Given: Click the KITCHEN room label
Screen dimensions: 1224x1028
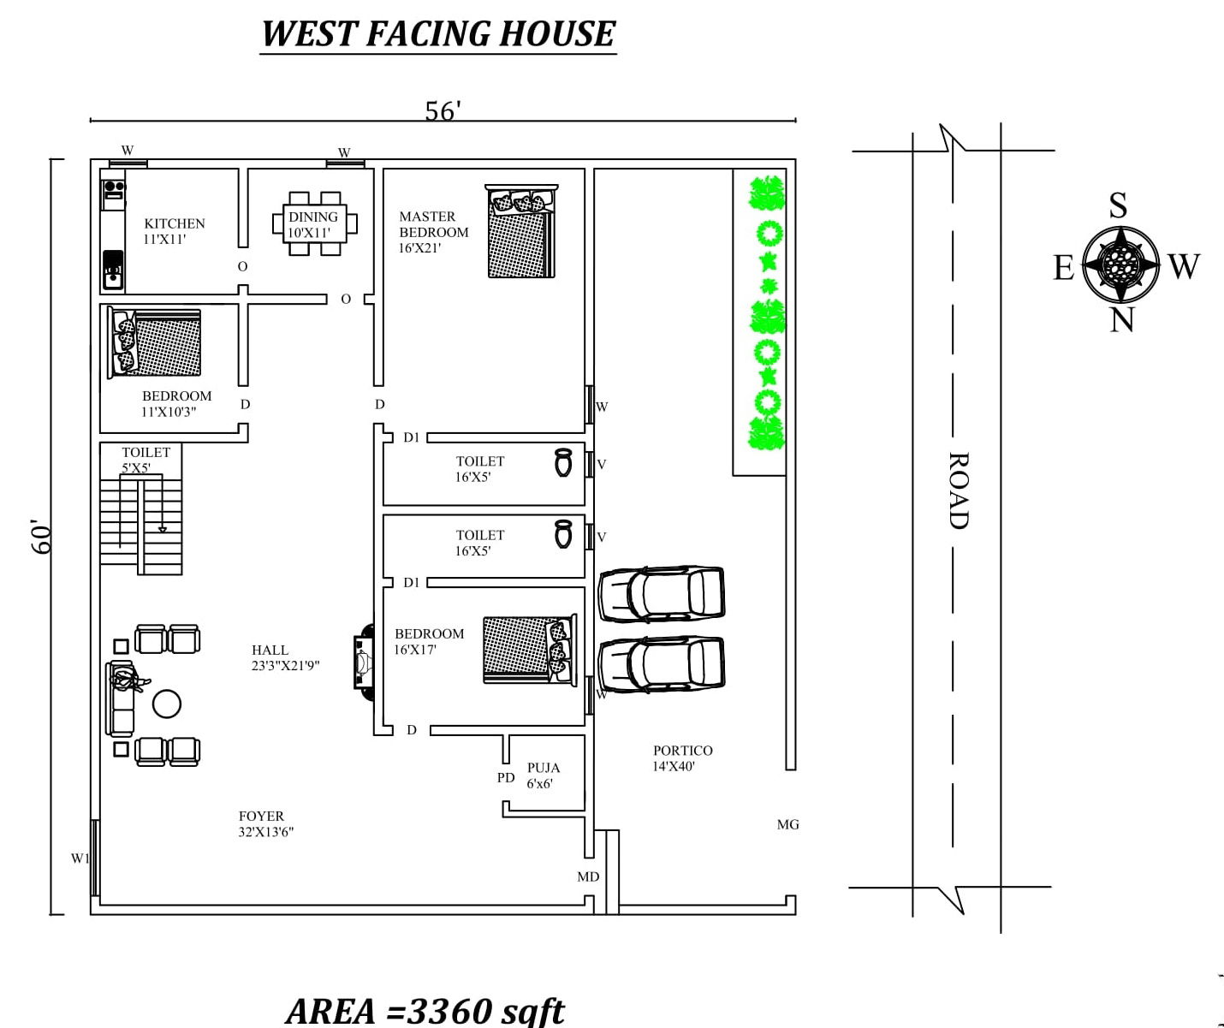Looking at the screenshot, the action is pyautogui.click(x=175, y=231).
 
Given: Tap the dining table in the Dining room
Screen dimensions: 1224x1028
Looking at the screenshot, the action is pyautogui.click(x=315, y=223).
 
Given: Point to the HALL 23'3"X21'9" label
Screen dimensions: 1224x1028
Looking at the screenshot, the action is pyautogui.click(x=285, y=657).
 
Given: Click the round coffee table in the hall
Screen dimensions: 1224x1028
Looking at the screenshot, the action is pyautogui.click(x=167, y=704).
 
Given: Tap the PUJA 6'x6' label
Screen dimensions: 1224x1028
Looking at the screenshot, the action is pyautogui.click(x=544, y=775).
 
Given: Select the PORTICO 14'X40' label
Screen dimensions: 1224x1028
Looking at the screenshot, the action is pyautogui.click(x=682, y=758).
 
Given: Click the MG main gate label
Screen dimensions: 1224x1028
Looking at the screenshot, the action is pyautogui.click(x=787, y=824).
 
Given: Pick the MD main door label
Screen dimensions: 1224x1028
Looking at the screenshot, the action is pyautogui.click(x=588, y=876).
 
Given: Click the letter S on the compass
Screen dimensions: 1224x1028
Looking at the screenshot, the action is pyautogui.click(x=1118, y=205).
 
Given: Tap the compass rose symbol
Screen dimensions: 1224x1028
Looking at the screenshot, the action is pyautogui.click(x=1120, y=264).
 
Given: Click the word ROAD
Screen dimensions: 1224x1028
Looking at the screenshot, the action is pyautogui.click(x=960, y=490).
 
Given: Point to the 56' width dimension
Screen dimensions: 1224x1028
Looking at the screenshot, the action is pyautogui.click(x=443, y=110).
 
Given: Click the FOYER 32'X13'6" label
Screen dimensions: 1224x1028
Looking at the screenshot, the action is pyautogui.click(x=265, y=823).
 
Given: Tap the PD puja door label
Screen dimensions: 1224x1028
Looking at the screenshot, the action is pyautogui.click(x=506, y=777).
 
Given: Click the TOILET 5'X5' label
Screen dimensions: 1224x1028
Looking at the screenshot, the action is pyautogui.click(x=146, y=460).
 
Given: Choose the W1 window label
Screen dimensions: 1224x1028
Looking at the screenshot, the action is pyautogui.click(x=80, y=859).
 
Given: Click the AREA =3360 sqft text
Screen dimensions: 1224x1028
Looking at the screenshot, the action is pyautogui.click(x=425, y=1010).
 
